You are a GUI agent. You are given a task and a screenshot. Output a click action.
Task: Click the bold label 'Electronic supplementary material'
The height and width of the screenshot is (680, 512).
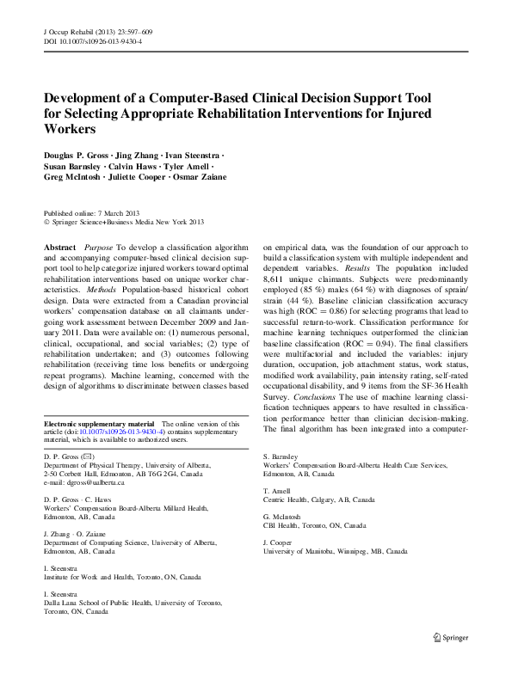[x=97, y=424]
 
